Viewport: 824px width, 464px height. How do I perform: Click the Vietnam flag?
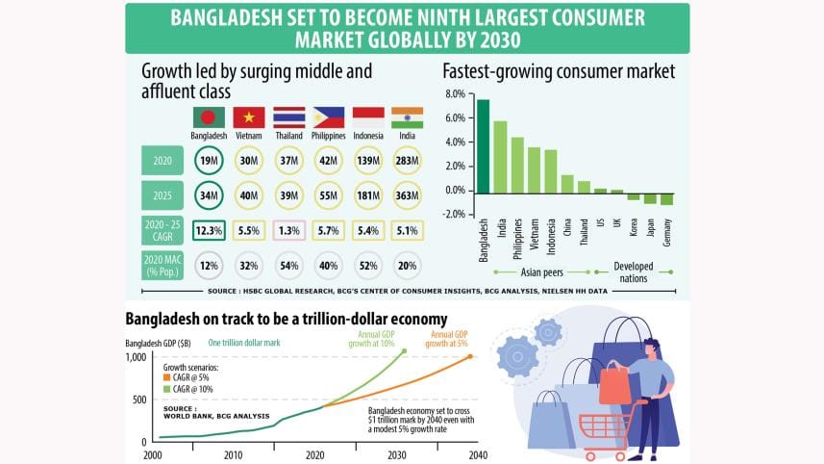[249, 117]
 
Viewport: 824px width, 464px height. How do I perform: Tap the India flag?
[407, 117]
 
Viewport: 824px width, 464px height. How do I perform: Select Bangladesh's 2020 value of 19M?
[209, 160]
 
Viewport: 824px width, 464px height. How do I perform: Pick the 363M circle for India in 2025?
[407, 195]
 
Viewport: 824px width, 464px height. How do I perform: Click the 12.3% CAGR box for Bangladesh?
[209, 230]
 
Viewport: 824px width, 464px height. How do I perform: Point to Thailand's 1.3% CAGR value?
[288, 230]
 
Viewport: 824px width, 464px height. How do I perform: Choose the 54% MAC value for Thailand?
[288, 265]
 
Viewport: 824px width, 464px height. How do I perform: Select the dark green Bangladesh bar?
[483, 144]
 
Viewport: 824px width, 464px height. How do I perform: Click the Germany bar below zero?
[666, 197]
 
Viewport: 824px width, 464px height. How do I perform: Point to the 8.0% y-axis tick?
[454, 93]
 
